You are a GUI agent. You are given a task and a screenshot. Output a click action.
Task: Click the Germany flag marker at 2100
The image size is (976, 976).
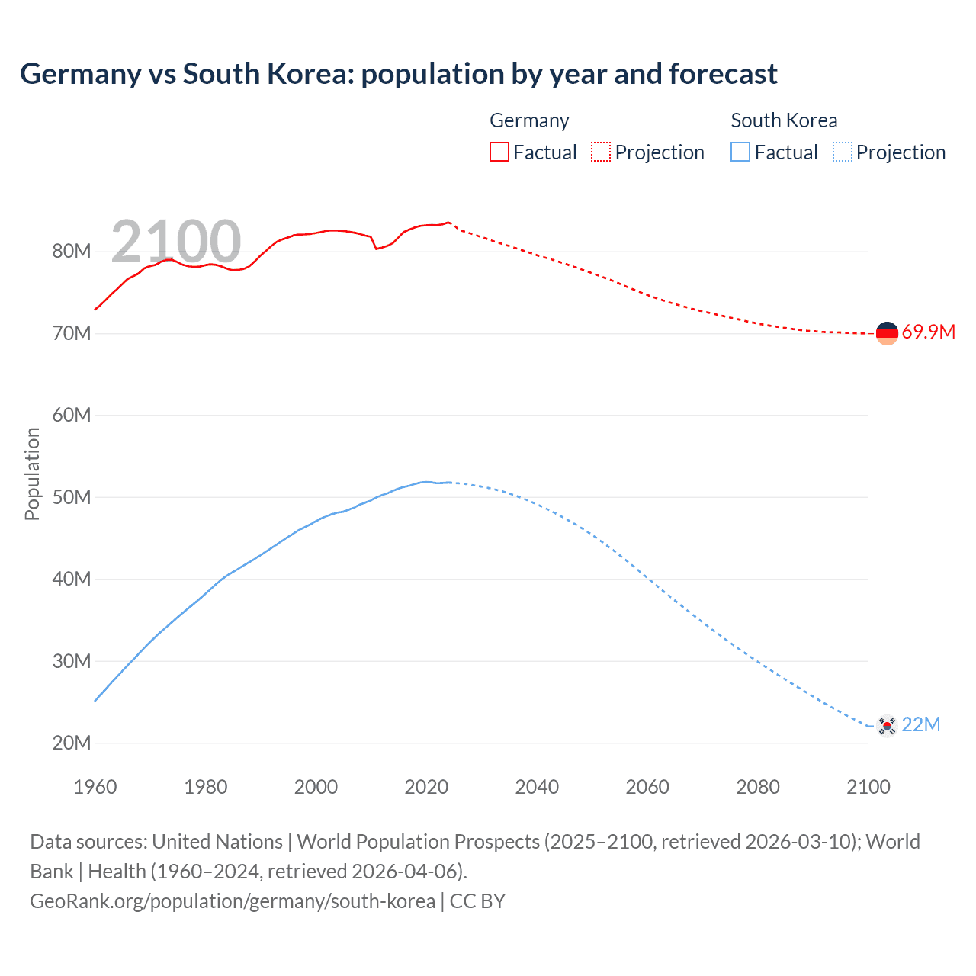coord(887,333)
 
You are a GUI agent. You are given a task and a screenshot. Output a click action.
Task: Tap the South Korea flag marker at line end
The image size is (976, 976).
coord(887,725)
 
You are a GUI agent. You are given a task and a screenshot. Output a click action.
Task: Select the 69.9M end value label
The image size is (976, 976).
coord(928,332)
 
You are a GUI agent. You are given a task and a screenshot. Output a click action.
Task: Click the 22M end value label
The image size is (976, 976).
coord(920,725)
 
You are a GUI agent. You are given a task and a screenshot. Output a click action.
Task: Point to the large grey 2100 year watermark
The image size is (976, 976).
coord(176,242)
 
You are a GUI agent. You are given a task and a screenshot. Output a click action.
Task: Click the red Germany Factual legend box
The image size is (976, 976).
coord(499,152)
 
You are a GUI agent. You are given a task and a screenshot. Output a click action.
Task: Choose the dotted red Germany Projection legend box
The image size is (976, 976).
coord(601,152)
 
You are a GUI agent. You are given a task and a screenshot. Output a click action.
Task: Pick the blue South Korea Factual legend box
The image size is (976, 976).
coord(740,152)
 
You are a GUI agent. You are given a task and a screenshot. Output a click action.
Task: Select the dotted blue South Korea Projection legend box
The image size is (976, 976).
coord(843,152)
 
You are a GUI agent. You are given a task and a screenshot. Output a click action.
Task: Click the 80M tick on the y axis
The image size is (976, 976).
coord(72,252)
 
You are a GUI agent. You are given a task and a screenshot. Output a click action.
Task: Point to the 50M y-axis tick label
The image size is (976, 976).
coord(72,498)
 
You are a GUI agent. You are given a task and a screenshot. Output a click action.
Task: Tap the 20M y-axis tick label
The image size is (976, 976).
coord(72,743)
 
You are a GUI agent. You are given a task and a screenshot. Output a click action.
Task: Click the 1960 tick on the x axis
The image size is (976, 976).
coord(95,787)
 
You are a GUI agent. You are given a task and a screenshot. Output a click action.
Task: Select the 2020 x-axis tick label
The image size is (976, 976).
coord(426,787)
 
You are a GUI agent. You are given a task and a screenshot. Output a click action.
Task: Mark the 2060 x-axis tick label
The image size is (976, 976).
coord(647,787)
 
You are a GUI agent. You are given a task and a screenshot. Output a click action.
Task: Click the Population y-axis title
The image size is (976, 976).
coord(32,474)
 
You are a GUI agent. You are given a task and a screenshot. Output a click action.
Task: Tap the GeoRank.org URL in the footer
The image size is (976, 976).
coord(233,901)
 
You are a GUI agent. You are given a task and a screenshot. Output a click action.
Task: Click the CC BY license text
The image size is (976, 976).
coord(477,901)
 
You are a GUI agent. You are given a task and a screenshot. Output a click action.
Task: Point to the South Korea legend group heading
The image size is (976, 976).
coord(784,120)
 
